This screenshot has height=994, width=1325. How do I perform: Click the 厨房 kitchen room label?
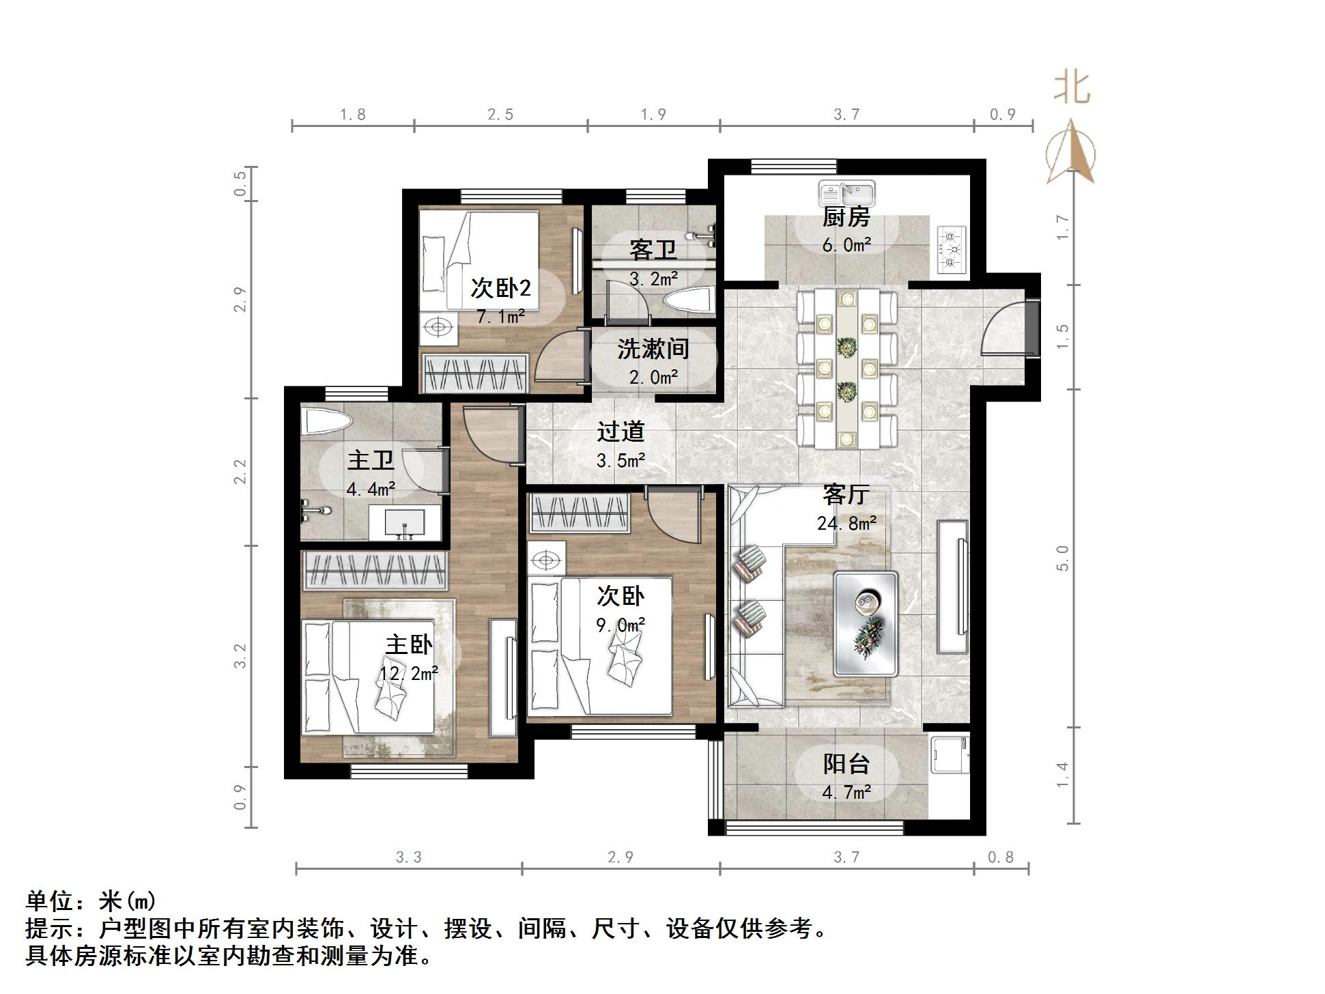click(846, 218)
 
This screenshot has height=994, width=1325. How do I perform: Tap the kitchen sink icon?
click(847, 193)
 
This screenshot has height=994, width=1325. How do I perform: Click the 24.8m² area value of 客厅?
click(846, 524)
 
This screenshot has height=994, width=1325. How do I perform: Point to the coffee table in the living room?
click(865, 623)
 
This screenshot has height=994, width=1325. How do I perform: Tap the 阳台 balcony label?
click(846, 764)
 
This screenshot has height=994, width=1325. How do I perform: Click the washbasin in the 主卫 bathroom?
click(404, 524)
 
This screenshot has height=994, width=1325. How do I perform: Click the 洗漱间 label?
click(653, 350)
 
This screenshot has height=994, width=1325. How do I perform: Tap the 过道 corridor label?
click(621, 432)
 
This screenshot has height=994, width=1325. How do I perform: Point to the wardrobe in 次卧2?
click(475, 373)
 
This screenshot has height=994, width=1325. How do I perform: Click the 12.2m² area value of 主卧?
click(409, 674)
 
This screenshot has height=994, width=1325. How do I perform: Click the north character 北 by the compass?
click(1072, 89)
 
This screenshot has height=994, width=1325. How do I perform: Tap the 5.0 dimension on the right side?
click(1062, 558)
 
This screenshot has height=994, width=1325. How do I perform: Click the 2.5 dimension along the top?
click(500, 115)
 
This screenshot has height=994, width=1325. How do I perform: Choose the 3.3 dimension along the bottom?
click(409, 857)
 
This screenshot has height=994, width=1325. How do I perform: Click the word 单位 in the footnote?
click(49, 902)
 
